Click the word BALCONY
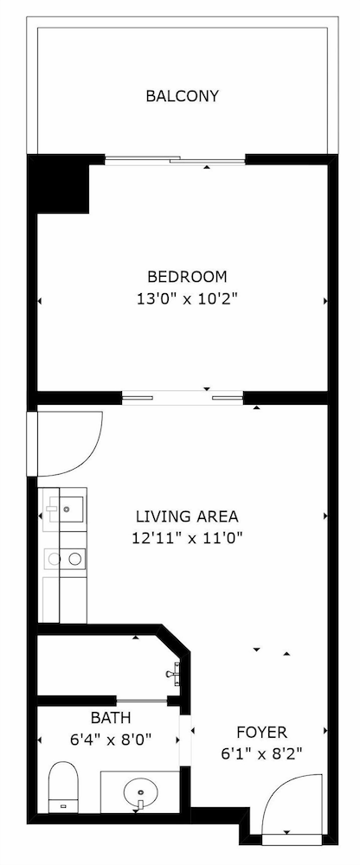pyautogui.click(x=182, y=96)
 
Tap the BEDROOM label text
pyautogui.click(x=187, y=277)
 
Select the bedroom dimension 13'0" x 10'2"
pyautogui.click(x=187, y=299)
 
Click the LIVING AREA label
pyautogui.click(x=187, y=516)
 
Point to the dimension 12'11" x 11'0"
pyautogui.click(x=187, y=537)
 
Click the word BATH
pyautogui.click(x=111, y=717)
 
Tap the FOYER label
pyautogui.click(x=260, y=732)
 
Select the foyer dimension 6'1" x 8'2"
pyautogui.click(x=260, y=753)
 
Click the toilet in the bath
pyautogui.click(x=64, y=785)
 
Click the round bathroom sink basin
pyautogui.click(x=138, y=791)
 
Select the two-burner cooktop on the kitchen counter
pyautogui.click(x=67, y=559)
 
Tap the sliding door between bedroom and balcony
pyautogui.click(x=176, y=159)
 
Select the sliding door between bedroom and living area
pyautogui.click(x=182, y=398)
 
